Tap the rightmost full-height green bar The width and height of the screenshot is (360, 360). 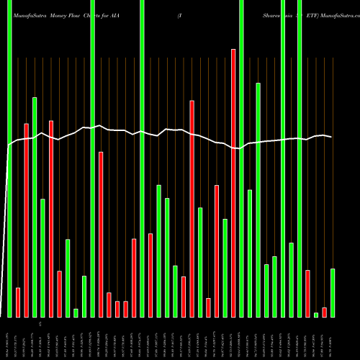tap(300, 158)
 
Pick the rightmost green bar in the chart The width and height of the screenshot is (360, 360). tap(333, 292)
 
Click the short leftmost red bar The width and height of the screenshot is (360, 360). tap(18, 302)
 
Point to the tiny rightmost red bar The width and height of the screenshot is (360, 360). tap(324, 312)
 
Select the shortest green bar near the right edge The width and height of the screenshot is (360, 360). tap(316, 315)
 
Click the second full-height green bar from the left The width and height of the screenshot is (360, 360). tap(93, 158)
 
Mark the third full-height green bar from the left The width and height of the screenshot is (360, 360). tap(142, 158)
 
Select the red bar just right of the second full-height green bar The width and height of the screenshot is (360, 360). tap(101, 234)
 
